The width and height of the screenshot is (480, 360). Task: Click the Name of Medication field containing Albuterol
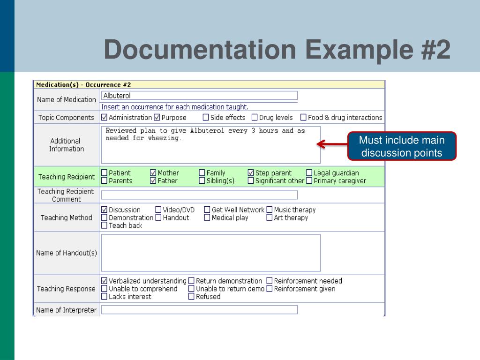pyautogui.click(x=199, y=96)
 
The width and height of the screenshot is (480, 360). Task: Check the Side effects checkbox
pyautogui.click(x=206, y=118)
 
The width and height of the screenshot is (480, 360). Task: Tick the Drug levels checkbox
pyautogui.click(x=255, y=118)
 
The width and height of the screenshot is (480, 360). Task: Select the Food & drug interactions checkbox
pyautogui.click(x=303, y=118)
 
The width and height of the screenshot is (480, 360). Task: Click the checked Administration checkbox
pyautogui.click(x=104, y=118)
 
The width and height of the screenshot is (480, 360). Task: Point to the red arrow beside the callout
pyautogui.click(x=330, y=144)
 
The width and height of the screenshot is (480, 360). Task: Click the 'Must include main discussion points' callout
pyautogui.click(x=402, y=146)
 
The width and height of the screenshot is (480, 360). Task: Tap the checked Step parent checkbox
pyautogui.click(x=251, y=173)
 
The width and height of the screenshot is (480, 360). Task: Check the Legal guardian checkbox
pyautogui.click(x=309, y=173)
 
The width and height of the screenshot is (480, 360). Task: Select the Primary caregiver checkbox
pyautogui.click(x=309, y=180)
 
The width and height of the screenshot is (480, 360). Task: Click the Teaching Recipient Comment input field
pyautogui.click(x=199, y=195)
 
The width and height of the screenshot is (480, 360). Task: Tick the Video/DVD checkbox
pyautogui.click(x=158, y=210)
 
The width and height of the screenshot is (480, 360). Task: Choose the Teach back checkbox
pyautogui.click(x=104, y=225)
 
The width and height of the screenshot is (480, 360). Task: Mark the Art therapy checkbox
pyautogui.click(x=270, y=217)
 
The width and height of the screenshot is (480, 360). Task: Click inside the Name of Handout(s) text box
pyautogui.click(x=211, y=253)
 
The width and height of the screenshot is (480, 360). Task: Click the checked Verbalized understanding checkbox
pyautogui.click(x=104, y=281)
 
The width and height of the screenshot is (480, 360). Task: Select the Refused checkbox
pyautogui.click(x=191, y=297)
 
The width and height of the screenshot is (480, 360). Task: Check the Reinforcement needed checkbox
pyautogui.click(x=270, y=281)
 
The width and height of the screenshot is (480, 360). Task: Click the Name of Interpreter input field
pyautogui.click(x=199, y=310)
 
